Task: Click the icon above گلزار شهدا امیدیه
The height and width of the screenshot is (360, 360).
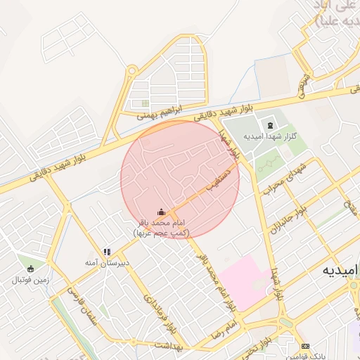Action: (x=271, y=124)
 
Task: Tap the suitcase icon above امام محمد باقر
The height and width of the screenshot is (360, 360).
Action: (x=161, y=212)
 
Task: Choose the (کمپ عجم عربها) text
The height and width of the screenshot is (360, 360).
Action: (x=161, y=231)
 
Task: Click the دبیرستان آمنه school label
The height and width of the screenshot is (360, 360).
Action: (x=106, y=262)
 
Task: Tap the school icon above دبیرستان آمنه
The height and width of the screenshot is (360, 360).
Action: (x=107, y=251)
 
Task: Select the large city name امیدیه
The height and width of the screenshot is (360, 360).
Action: (x=340, y=270)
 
